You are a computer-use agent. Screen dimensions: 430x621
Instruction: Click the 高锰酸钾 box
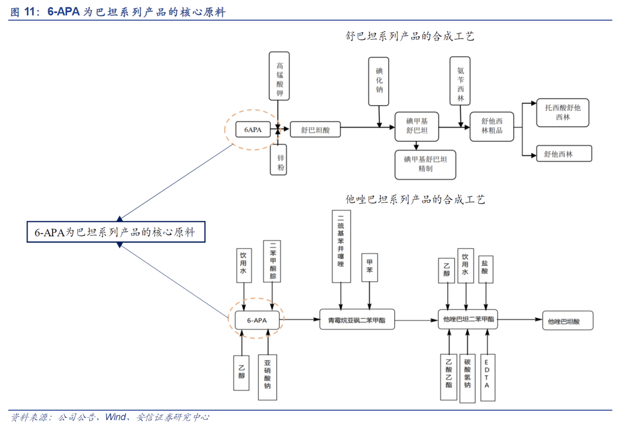pyautogui.click(x=279, y=76)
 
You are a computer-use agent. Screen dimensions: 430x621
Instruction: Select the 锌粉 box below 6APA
pyautogui.click(x=278, y=159)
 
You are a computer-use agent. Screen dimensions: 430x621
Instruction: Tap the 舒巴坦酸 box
pyautogui.click(x=315, y=130)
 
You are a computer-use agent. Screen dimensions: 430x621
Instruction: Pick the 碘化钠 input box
pyautogui.click(x=379, y=80)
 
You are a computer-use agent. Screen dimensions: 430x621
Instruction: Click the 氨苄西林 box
pyautogui.click(x=460, y=80)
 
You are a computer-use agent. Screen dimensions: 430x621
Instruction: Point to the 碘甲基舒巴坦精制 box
pyautogui.click(x=425, y=164)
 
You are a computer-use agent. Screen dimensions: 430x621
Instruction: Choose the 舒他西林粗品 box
pyautogui.click(x=492, y=126)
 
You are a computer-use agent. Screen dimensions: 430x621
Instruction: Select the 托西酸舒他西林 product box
pyautogui.click(x=562, y=113)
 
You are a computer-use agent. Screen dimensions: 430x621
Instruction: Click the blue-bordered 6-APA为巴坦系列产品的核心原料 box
pyautogui.click(x=115, y=232)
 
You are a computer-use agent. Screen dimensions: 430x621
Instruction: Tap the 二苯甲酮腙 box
pyautogui.click(x=273, y=261)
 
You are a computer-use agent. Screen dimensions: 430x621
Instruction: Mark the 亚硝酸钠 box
pyautogui.click(x=267, y=372)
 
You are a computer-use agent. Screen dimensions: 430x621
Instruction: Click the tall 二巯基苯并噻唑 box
pyautogui.click(x=341, y=246)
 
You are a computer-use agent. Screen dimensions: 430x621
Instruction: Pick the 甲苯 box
pyautogui.click(x=369, y=268)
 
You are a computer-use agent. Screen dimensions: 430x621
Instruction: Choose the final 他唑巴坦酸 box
pyautogui.click(x=568, y=321)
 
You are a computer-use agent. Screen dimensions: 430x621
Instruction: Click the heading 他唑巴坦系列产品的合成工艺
pyautogui.click(x=415, y=200)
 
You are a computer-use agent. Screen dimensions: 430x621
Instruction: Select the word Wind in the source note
pyautogui.click(x=115, y=417)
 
